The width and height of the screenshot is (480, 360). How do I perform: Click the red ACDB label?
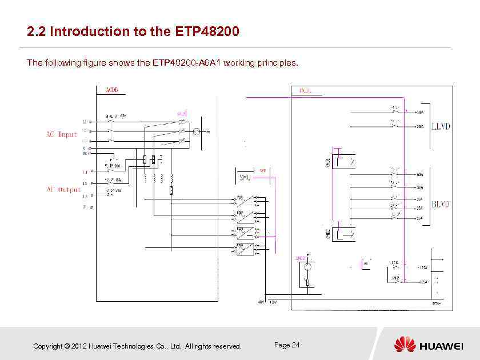tap(112, 90)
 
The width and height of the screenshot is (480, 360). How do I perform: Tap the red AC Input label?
tap(61, 135)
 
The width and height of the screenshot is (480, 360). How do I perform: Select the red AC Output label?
tap(63, 190)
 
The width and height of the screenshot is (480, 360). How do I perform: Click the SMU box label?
tap(245, 177)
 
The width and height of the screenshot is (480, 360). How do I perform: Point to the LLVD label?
tap(440, 126)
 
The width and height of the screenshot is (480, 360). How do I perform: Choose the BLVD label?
tap(441, 204)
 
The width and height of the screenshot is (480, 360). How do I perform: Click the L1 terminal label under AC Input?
tap(85, 122)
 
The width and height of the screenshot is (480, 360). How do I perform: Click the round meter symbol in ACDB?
tap(196, 132)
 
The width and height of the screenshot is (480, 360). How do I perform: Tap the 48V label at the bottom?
tap(260, 302)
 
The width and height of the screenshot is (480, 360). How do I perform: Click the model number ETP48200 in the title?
tap(205, 31)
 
